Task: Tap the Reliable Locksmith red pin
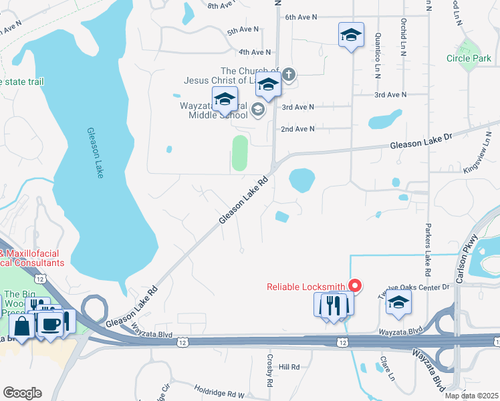pos(355,285)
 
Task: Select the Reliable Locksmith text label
pos(306,287)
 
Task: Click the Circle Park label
pos(469,58)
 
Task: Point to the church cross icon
pos(289,74)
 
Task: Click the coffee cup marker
pos(52,323)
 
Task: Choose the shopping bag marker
pos(22,327)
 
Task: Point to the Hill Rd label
pos(289,367)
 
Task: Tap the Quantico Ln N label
pos(378,47)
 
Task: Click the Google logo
pos(22,393)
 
